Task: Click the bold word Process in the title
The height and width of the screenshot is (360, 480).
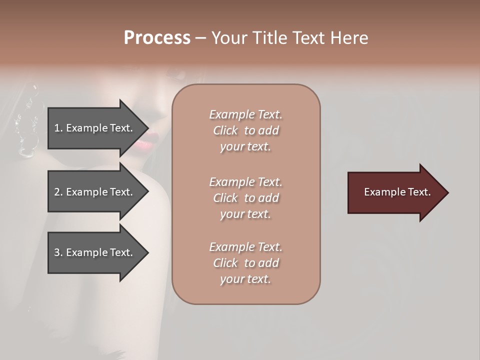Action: click(157, 38)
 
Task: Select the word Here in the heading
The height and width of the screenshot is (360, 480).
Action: click(348, 38)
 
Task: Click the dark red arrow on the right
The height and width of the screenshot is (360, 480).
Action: click(395, 192)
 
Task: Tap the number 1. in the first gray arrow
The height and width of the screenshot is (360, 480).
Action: click(58, 128)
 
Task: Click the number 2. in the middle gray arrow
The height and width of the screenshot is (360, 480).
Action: click(58, 192)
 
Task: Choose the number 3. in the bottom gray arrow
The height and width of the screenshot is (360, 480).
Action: click(58, 252)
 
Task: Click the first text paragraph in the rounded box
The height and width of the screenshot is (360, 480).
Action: click(245, 130)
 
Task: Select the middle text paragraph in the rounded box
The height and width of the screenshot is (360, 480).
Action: click(245, 197)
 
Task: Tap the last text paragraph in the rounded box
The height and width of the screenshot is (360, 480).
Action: click(245, 263)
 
